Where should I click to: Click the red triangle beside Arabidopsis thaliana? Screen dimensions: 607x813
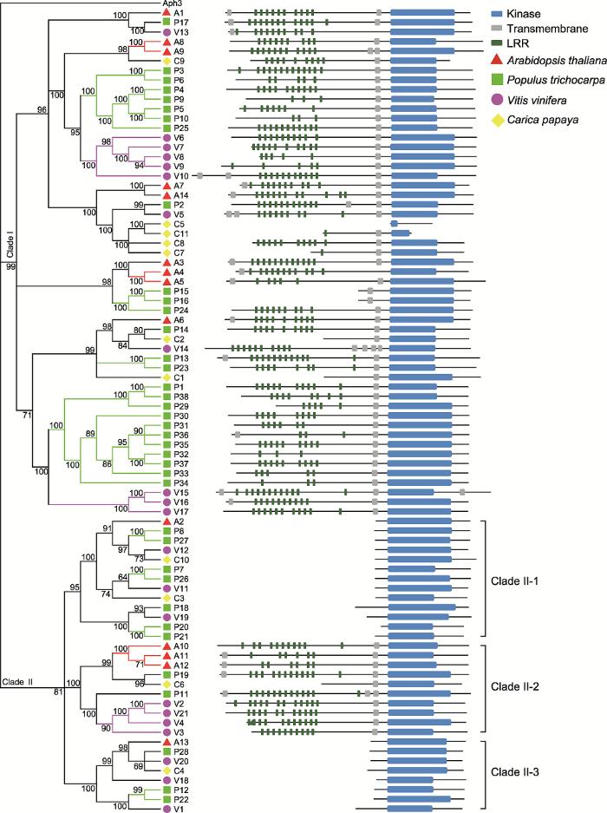pyautogui.click(x=497, y=60)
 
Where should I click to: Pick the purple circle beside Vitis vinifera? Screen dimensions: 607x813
pyautogui.click(x=497, y=100)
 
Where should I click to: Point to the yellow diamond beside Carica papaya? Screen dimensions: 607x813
pyautogui.click(x=498, y=121)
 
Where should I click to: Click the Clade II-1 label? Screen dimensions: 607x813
pyautogui.click(x=515, y=581)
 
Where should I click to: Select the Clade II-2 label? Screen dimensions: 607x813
pyautogui.click(x=515, y=687)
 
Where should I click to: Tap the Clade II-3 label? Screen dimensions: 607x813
pyautogui.click(x=515, y=772)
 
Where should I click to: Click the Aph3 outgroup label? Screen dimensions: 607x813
pyautogui.click(x=173, y=3)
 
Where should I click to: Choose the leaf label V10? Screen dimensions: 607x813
pyautogui.click(x=181, y=176)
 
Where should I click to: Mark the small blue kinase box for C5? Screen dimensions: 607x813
pyautogui.click(x=394, y=224)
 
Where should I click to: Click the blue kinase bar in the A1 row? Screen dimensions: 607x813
pyautogui.click(x=422, y=12)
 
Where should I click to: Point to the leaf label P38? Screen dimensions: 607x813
pyautogui.click(x=181, y=397)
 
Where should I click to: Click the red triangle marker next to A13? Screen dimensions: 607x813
pyautogui.click(x=166, y=742)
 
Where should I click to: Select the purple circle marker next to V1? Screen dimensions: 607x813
pyautogui.click(x=166, y=809)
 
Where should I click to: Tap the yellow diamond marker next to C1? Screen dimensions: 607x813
pyautogui.click(x=166, y=377)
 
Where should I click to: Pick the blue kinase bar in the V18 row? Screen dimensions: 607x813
pyautogui.click(x=410, y=780)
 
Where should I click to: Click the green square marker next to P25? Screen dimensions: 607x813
pyautogui.click(x=166, y=128)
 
